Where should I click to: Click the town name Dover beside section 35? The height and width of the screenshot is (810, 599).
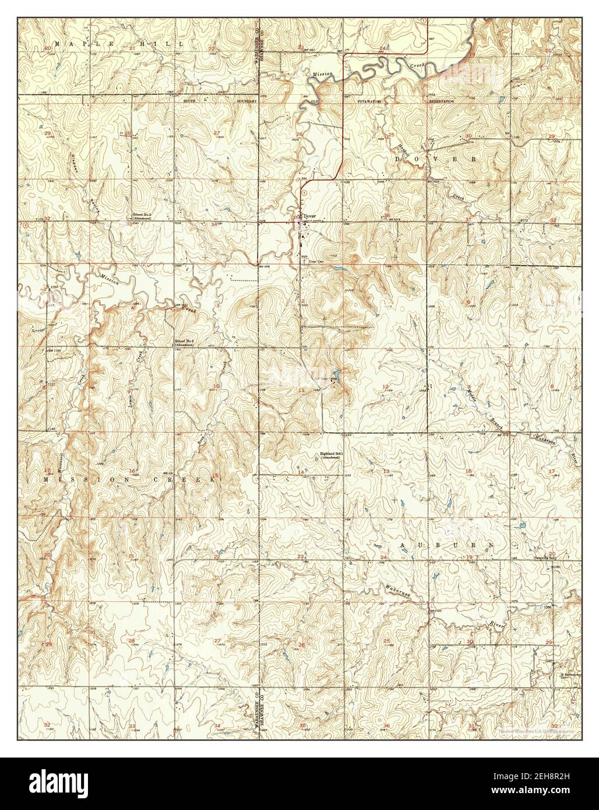click(x=310, y=216)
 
